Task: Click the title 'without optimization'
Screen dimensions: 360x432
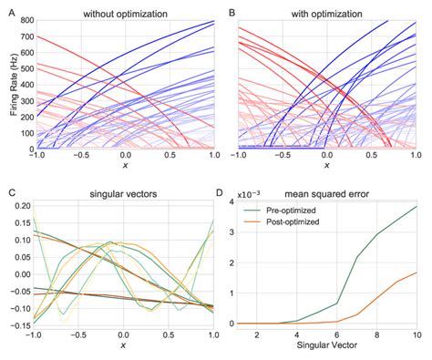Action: pos(119,15)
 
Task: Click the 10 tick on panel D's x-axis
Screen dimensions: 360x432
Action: pos(418,335)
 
